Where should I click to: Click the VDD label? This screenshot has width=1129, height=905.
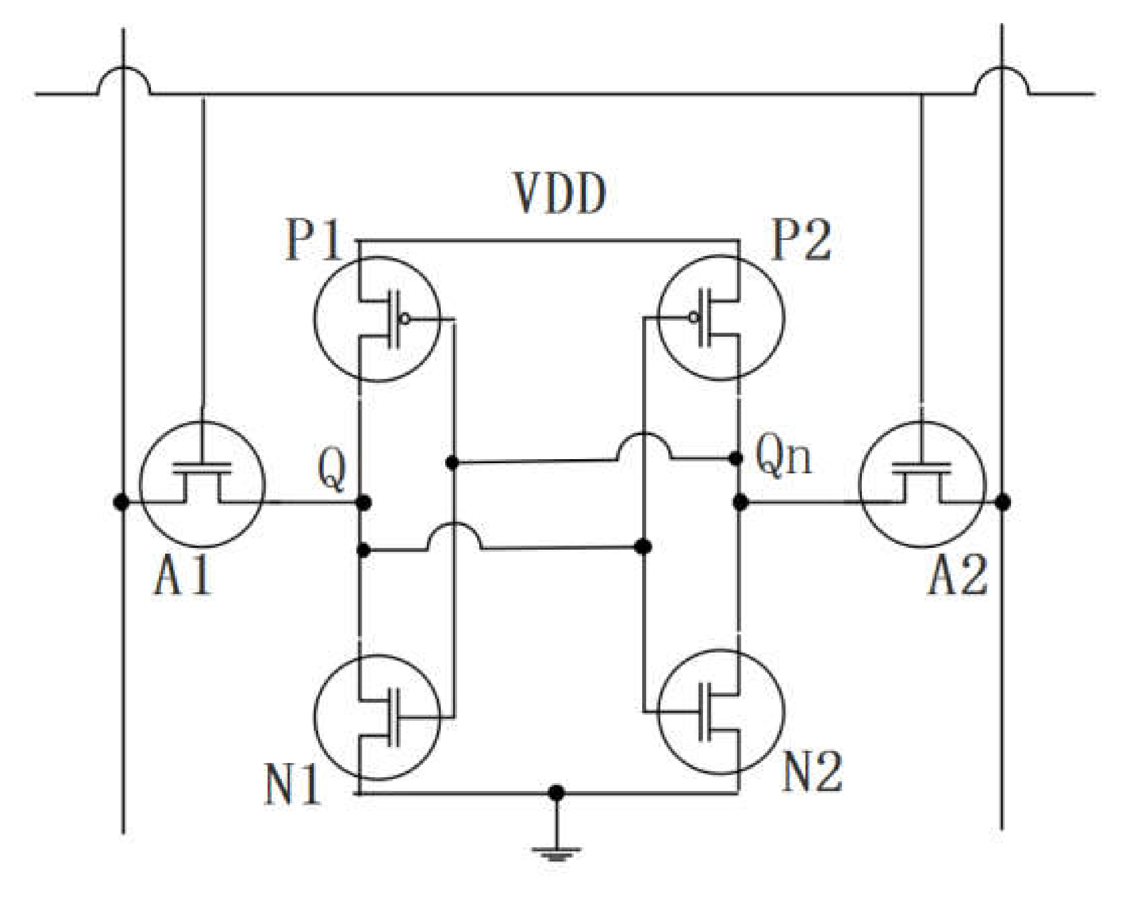[559, 194]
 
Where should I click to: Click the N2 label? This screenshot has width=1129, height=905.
[812, 772]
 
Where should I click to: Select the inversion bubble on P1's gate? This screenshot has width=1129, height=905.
[404, 318]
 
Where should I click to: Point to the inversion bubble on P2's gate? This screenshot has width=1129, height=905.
[694, 317]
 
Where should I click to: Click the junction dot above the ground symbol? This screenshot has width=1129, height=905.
[556, 793]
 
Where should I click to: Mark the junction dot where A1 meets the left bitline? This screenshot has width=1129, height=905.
[122, 503]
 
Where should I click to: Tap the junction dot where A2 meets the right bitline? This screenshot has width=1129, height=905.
[1002, 503]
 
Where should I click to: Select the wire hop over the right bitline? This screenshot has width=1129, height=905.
[1002, 79]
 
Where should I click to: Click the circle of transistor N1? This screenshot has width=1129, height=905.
[377, 717]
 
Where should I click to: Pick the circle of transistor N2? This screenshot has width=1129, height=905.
[721, 712]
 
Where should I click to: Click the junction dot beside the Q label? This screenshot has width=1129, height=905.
[363, 503]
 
